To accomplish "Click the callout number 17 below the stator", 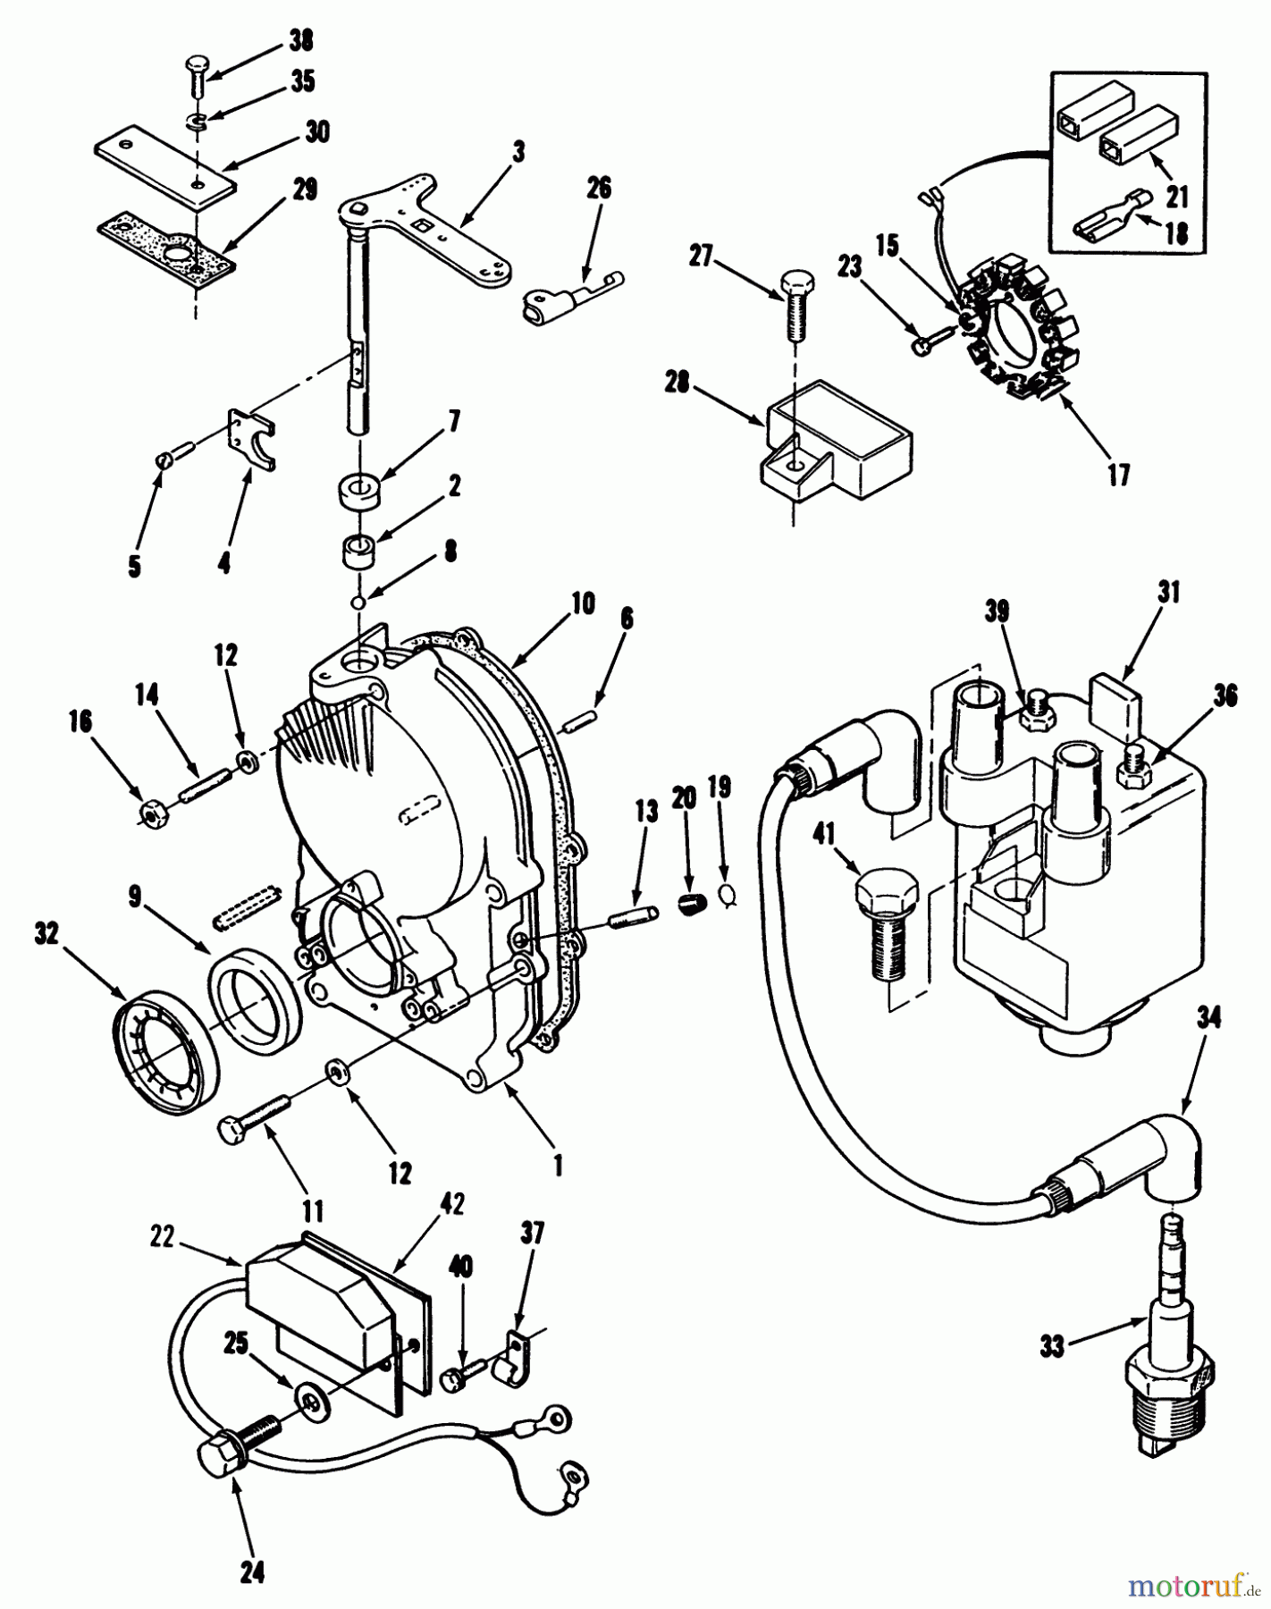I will point(1118,475).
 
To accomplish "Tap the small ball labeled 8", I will point(358,602).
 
